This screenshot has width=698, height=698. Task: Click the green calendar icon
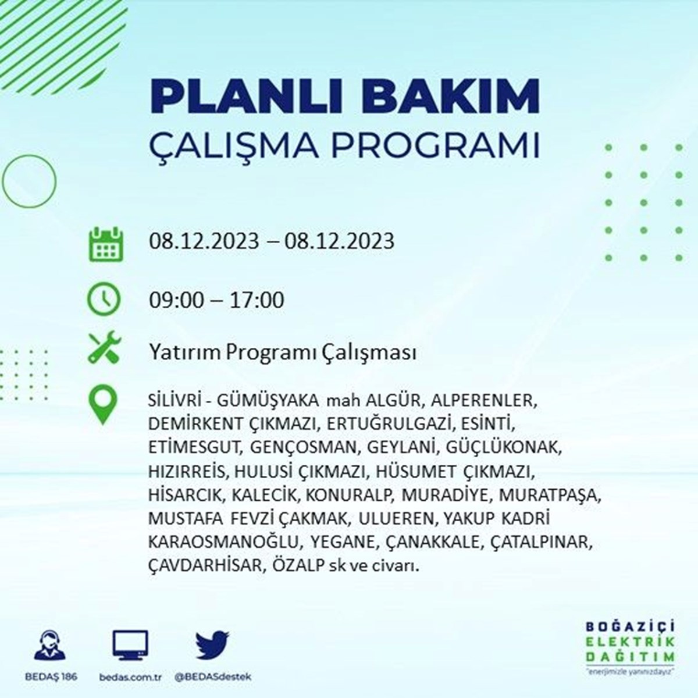(x=106, y=244)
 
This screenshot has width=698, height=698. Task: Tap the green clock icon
(x=104, y=300)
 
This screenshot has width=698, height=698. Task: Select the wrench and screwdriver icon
(x=105, y=347)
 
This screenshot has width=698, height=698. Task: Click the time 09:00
(x=177, y=300)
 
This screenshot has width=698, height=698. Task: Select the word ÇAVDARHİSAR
(x=205, y=566)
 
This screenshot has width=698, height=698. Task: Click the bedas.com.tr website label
(x=130, y=676)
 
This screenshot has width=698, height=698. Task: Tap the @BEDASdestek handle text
(x=213, y=676)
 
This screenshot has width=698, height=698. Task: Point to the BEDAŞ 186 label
(x=51, y=676)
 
